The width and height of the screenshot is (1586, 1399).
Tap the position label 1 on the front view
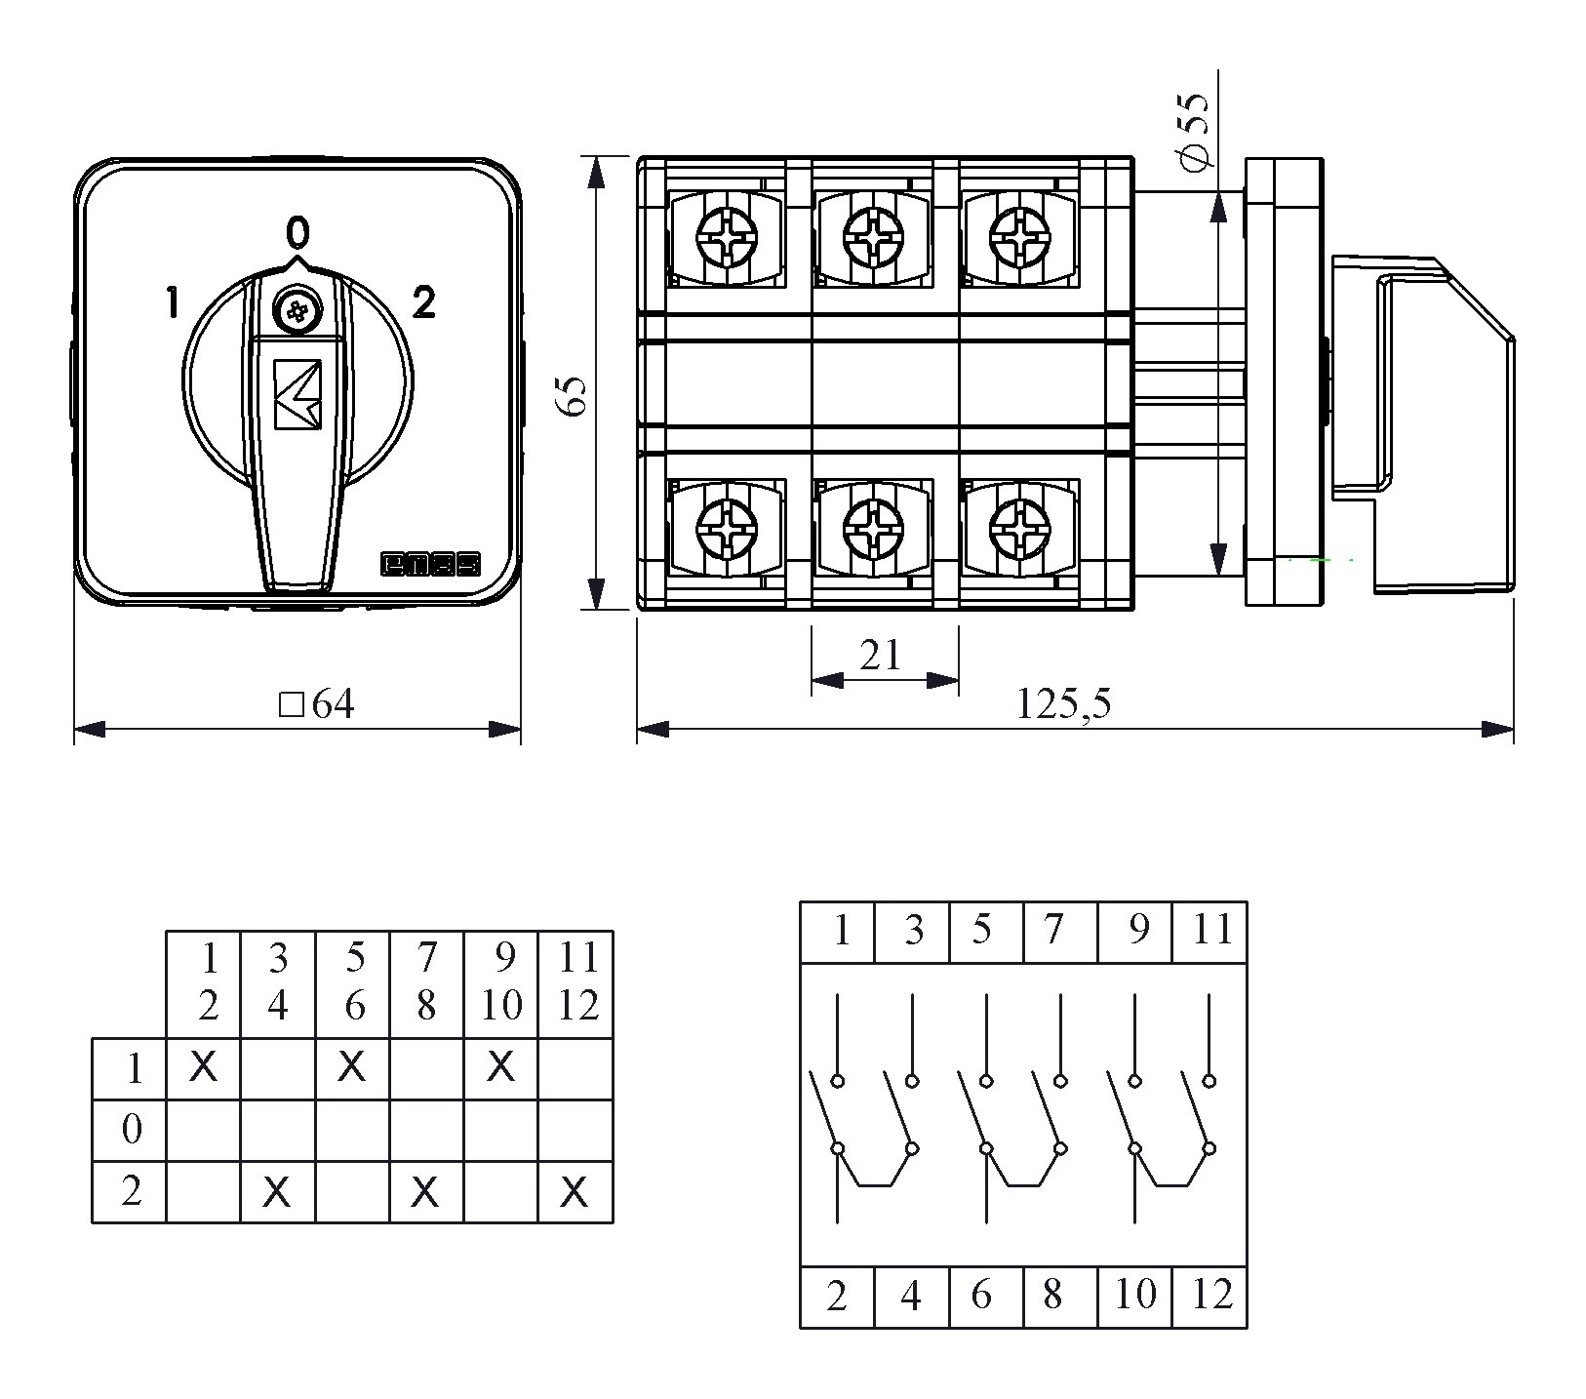(x=172, y=303)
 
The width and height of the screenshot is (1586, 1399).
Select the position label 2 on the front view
(x=423, y=303)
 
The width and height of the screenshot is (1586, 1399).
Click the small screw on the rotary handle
(x=297, y=312)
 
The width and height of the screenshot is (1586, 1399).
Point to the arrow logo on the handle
(x=297, y=393)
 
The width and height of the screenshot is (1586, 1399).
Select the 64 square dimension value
(x=319, y=703)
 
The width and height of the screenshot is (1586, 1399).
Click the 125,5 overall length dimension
(x=1063, y=703)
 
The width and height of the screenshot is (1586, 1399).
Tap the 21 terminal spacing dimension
(x=881, y=656)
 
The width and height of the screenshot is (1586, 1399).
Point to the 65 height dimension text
(x=575, y=394)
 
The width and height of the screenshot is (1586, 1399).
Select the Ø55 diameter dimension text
(x=1195, y=132)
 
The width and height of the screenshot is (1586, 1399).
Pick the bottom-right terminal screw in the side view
(x=1019, y=530)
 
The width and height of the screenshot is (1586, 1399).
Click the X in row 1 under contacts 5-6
(x=352, y=1067)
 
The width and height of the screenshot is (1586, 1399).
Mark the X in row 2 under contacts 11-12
(x=575, y=1191)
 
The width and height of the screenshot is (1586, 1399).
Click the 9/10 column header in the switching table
(x=501, y=981)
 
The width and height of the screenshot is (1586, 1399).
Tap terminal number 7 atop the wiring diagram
(x=1052, y=930)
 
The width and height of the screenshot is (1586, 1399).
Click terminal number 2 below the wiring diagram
(x=837, y=1295)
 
